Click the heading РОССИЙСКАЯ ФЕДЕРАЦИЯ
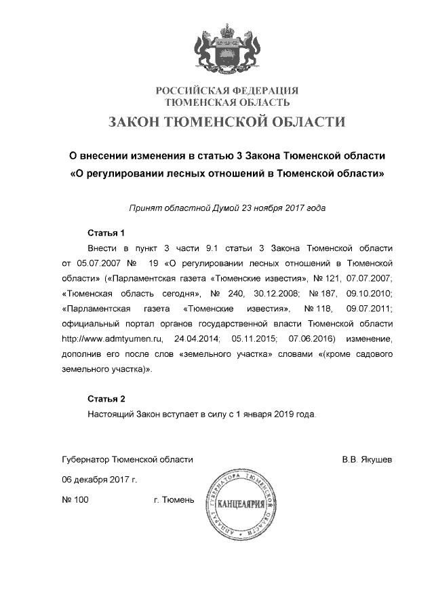(x=227, y=91)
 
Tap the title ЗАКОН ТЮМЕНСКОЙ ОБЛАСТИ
(x=227, y=122)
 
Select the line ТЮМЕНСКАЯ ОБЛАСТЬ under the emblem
(x=227, y=102)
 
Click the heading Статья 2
(x=106, y=398)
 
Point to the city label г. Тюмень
(x=174, y=500)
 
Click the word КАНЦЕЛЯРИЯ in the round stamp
(x=242, y=504)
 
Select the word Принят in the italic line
(x=143, y=208)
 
